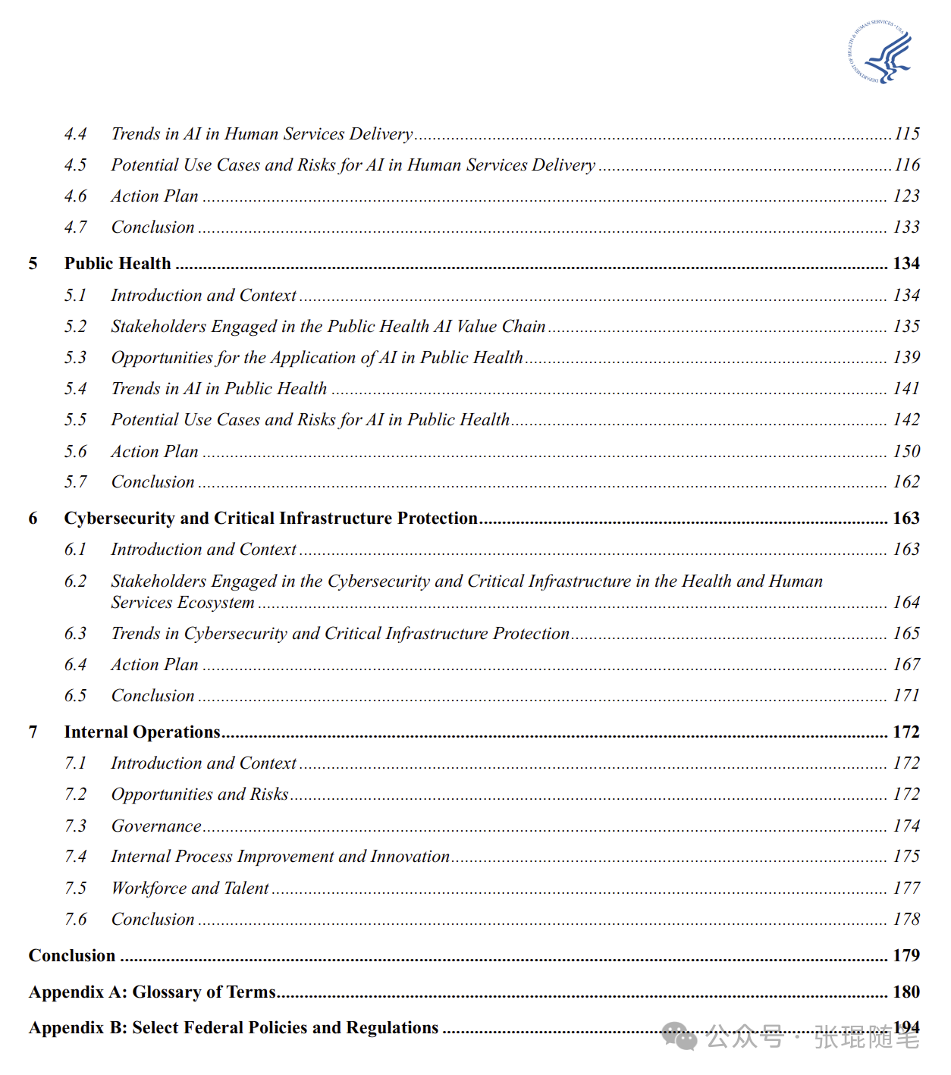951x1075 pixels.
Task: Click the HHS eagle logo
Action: pyautogui.click(x=880, y=52)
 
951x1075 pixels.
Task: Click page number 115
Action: pyautogui.click(x=906, y=134)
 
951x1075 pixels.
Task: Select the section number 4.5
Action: pyautogui.click(x=75, y=165)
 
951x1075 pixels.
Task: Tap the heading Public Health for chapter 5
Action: pyautogui.click(x=118, y=264)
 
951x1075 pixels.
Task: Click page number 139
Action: pyautogui.click(x=906, y=358)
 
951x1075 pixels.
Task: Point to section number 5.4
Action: pyautogui.click(x=75, y=389)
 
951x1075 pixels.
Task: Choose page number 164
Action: pyautogui.click(x=906, y=603)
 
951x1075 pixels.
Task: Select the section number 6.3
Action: pyautogui.click(x=75, y=634)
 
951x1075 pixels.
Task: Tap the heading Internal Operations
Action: pyautogui.click(x=142, y=732)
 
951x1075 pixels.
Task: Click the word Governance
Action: pyautogui.click(x=156, y=826)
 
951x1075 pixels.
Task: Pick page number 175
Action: pyautogui.click(x=906, y=857)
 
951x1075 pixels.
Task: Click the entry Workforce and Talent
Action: pyautogui.click(x=190, y=889)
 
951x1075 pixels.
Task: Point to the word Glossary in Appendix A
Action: pyautogui.click(x=166, y=992)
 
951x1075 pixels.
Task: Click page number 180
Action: pyautogui.click(x=906, y=992)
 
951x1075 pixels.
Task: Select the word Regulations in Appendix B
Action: pyautogui.click(x=391, y=1028)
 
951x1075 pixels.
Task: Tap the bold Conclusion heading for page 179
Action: pyautogui.click(x=72, y=956)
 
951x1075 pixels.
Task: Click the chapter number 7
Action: pyautogui.click(x=33, y=732)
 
